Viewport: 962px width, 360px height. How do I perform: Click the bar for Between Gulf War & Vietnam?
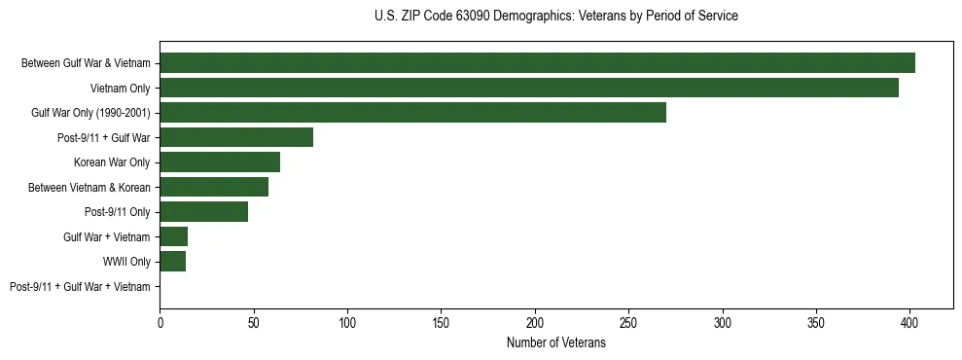(x=537, y=62)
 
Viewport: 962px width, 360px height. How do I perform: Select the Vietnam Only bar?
(x=529, y=88)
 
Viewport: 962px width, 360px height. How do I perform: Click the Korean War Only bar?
(x=220, y=162)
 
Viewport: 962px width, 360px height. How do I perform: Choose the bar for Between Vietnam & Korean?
(x=214, y=187)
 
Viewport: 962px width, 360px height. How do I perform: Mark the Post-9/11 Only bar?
(x=203, y=211)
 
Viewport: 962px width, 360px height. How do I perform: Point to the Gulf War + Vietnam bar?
(x=173, y=236)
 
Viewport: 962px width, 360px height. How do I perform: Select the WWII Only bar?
(x=172, y=261)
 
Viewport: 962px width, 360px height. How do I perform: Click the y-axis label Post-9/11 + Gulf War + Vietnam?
(x=80, y=287)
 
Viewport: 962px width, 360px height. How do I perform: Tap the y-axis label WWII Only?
(x=126, y=262)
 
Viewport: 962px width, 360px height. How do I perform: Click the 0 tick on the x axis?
(x=160, y=320)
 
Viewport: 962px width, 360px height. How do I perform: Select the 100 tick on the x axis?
(x=347, y=320)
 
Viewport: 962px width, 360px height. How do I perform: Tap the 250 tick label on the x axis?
(x=628, y=320)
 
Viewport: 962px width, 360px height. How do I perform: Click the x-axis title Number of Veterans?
(x=555, y=342)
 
